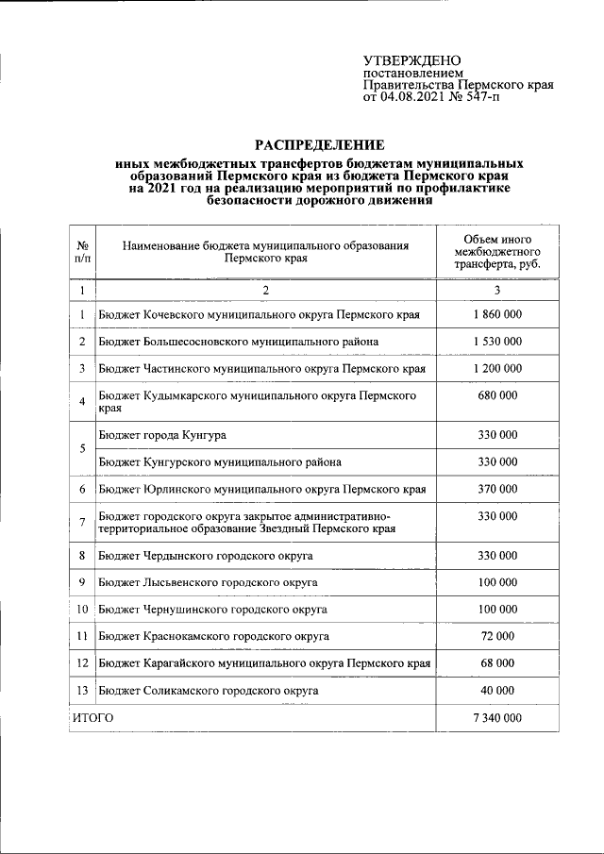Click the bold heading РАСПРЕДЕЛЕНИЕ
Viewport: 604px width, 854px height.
pos(320,145)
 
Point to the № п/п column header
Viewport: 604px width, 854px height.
pos(83,251)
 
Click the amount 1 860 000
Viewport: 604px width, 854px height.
pos(495,314)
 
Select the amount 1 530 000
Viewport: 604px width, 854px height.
pos(495,341)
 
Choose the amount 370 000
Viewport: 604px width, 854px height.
pos(495,489)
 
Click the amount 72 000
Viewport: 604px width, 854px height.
pos(495,637)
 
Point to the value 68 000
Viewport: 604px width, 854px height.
pos(495,663)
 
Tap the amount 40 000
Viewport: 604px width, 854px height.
pos(495,691)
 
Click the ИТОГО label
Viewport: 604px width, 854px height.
pos(92,718)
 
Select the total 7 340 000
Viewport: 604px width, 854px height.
pos(495,718)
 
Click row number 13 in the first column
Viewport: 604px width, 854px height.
pos(83,691)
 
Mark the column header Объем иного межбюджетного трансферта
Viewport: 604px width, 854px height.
pos(495,252)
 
